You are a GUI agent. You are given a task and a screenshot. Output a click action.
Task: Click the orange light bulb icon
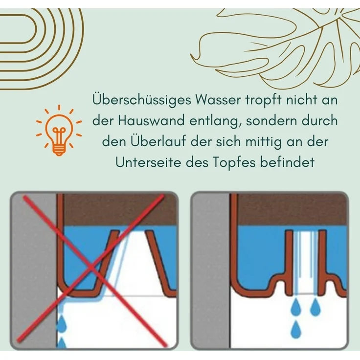pyautogui.click(x=59, y=130)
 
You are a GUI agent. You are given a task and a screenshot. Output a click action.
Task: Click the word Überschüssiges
pyautogui.click(x=142, y=100)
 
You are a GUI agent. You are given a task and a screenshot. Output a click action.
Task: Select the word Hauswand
pyautogui.click(x=151, y=120)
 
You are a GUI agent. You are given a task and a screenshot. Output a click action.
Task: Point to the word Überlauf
pyautogui.click(x=158, y=141)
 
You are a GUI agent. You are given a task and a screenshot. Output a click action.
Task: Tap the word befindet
pyautogui.click(x=287, y=162)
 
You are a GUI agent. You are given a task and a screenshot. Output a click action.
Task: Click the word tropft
pyautogui.click(x=263, y=100)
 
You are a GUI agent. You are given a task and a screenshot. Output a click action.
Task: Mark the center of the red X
pyautogui.click(x=91, y=268)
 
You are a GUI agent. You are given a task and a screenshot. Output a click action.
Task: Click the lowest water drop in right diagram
pyautogui.click(x=296, y=330)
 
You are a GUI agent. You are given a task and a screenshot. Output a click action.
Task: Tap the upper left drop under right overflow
pyautogui.click(x=296, y=307)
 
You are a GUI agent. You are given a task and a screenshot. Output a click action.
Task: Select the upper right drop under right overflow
pyautogui.click(x=315, y=307)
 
